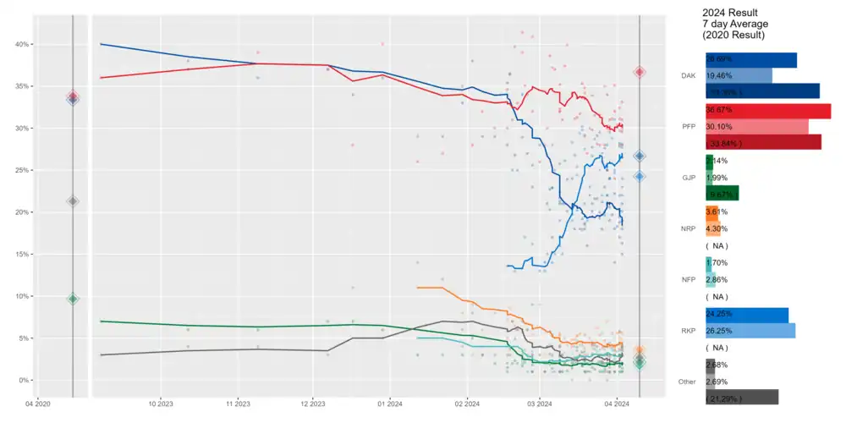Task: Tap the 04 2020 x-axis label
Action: click(x=38, y=404)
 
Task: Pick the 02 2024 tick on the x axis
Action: click(x=467, y=404)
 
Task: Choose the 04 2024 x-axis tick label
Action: click(x=617, y=404)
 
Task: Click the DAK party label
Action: click(x=688, y=76)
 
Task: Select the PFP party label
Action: click(x=688, y=127)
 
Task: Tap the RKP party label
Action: click(x=688, y=330)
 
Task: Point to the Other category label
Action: click(x=686, y=381)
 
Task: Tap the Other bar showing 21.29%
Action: click(x=741, y=397)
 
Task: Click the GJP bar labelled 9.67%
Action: click(x=722, y=194)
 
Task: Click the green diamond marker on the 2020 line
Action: click(x=73, y=299)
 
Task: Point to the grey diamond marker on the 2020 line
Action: click(x=73, y=201)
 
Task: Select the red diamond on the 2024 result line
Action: click(x=640, y=73)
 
